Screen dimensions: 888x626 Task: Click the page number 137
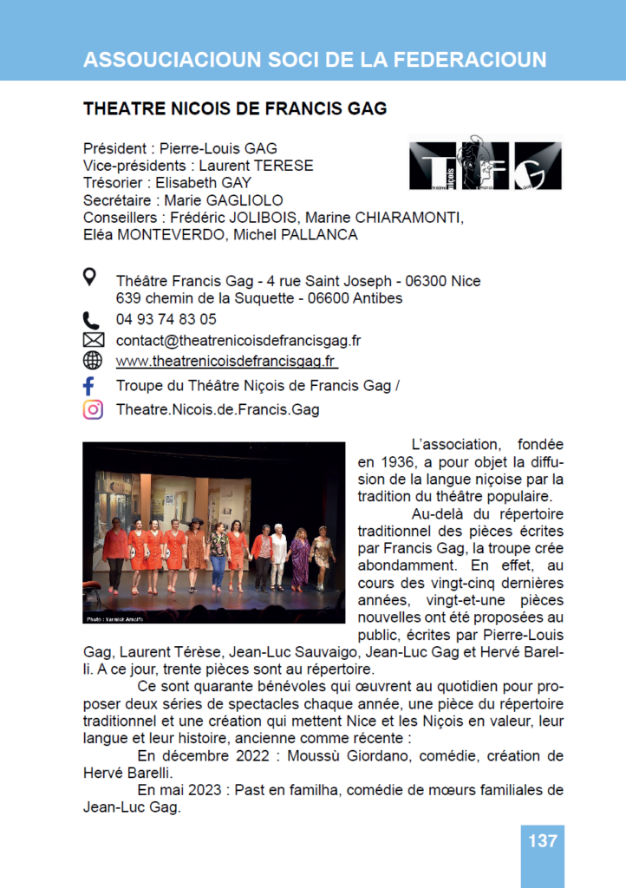542,840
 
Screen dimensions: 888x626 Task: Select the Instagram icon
92,409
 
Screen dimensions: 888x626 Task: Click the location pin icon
90,277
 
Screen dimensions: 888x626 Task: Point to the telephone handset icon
91,319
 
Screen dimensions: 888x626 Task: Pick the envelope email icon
92,340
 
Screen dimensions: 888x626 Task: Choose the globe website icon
92,361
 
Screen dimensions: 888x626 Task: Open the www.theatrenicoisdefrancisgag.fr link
226,361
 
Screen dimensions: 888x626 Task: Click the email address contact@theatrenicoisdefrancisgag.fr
238,341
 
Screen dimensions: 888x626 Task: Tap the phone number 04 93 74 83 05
166,319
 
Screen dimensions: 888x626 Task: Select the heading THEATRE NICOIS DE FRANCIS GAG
234,109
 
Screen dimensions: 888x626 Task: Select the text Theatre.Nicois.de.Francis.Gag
218,409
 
